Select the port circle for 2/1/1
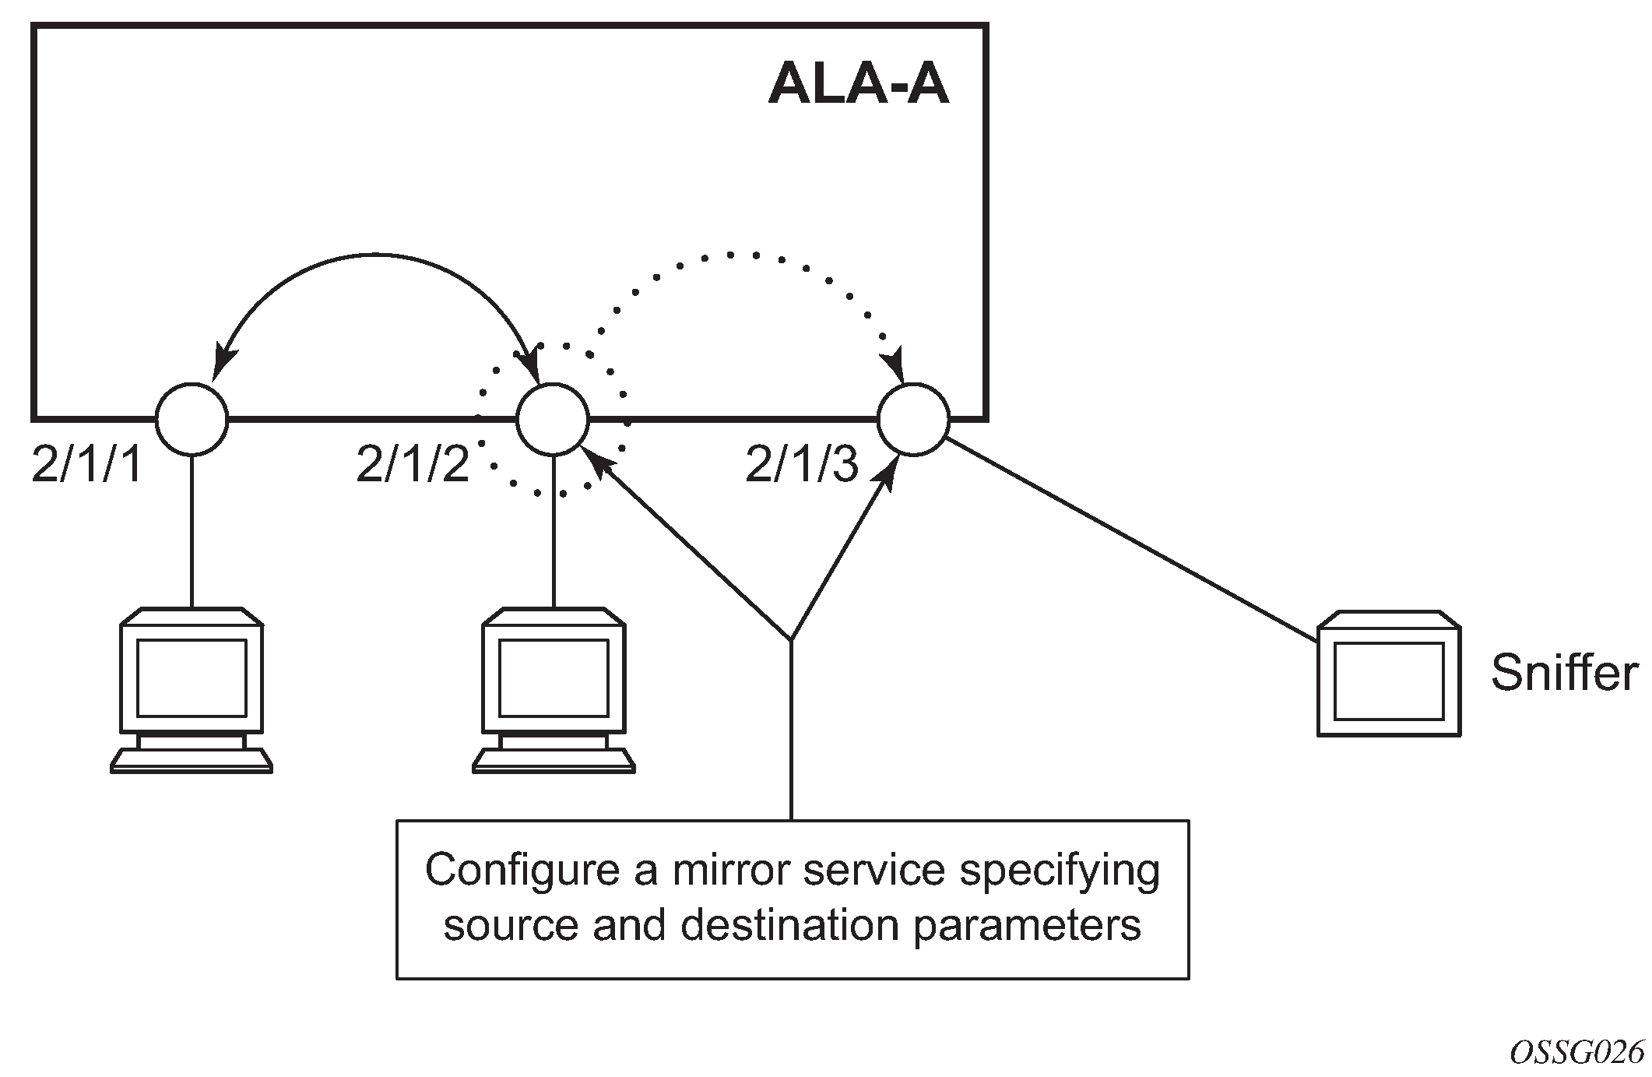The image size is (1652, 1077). (192, 419)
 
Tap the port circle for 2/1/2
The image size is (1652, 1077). (553, 419)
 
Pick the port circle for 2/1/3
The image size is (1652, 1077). (913, 419)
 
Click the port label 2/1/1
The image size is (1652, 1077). (87, 466)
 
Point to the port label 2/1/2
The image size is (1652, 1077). (413, 466)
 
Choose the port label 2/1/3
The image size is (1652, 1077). (802, 466)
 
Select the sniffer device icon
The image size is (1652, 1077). (1388, 674)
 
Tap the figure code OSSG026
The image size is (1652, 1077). (1576, 1053)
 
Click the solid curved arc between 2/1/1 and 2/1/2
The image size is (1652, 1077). (374, 254)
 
